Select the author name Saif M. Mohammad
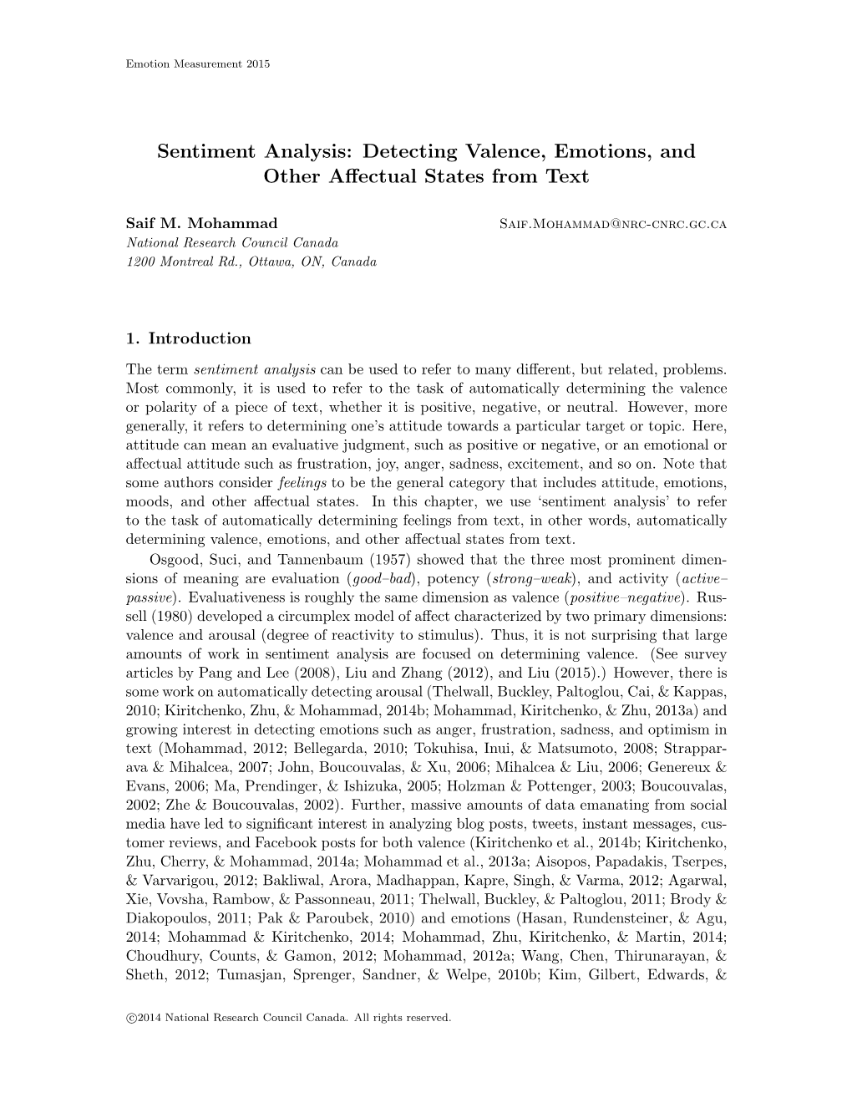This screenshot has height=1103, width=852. point(201,224)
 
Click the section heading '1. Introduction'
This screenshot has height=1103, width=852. point(188,338)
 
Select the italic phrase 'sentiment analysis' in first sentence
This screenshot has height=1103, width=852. point(254,369)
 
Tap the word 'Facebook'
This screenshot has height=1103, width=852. point(289,843)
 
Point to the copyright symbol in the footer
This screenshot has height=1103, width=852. point(130,1018)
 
